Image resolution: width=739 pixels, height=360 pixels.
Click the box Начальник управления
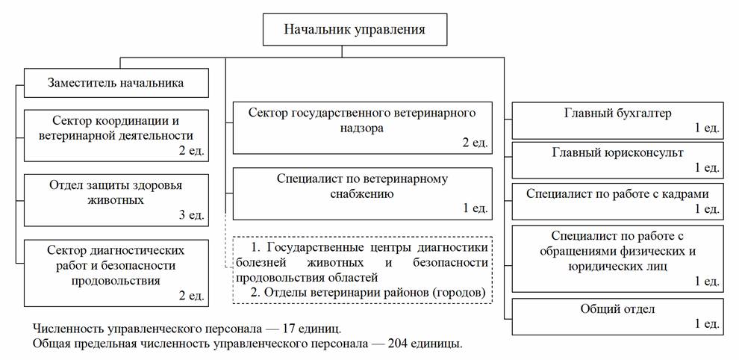pos(355,31)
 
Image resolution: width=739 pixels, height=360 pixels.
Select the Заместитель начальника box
pos(115,83)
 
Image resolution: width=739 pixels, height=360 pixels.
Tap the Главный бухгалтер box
pos(617,121)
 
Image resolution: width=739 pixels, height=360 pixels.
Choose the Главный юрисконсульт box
pos(617,161)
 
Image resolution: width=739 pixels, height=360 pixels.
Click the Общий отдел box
pos(617,316)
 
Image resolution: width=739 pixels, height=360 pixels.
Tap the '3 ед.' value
pos(190,215)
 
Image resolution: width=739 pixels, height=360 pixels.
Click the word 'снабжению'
pos(362,193)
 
